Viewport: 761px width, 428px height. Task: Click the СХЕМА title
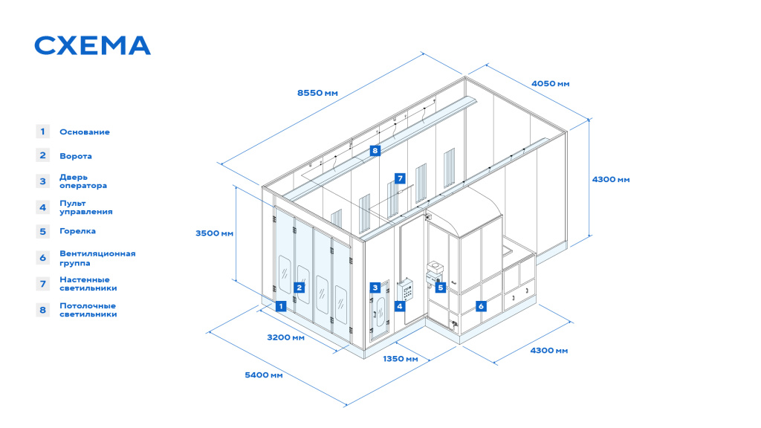point(92,45)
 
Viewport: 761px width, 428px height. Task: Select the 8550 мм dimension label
point(317,93)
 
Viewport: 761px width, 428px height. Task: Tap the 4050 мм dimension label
point(551,83)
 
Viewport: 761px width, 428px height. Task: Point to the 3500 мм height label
point(215,233)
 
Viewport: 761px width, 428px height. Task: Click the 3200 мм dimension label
point(286,337)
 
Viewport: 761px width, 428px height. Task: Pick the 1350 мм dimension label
point(401,359)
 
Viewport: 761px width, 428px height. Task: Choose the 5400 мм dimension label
point(264,374)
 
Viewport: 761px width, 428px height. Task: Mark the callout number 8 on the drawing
point(375,150)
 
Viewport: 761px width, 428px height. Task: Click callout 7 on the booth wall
point(400,178)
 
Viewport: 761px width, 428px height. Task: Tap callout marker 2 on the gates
point(299,288)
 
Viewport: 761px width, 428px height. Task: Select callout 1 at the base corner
point(280,306)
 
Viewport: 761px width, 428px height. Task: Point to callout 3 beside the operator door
point(375,288)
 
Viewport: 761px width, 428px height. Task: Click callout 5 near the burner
point(440,288)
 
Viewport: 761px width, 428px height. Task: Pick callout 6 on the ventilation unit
point(481,306)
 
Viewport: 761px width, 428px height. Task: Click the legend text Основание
point(85,132)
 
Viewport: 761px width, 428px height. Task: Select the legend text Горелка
point(77,231)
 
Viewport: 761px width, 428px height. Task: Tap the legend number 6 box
point(42,258)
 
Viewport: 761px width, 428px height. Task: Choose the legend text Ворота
point(76,156)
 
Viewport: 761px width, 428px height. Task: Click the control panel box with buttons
point(406,291)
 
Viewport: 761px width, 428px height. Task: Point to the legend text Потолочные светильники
point(88,310)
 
